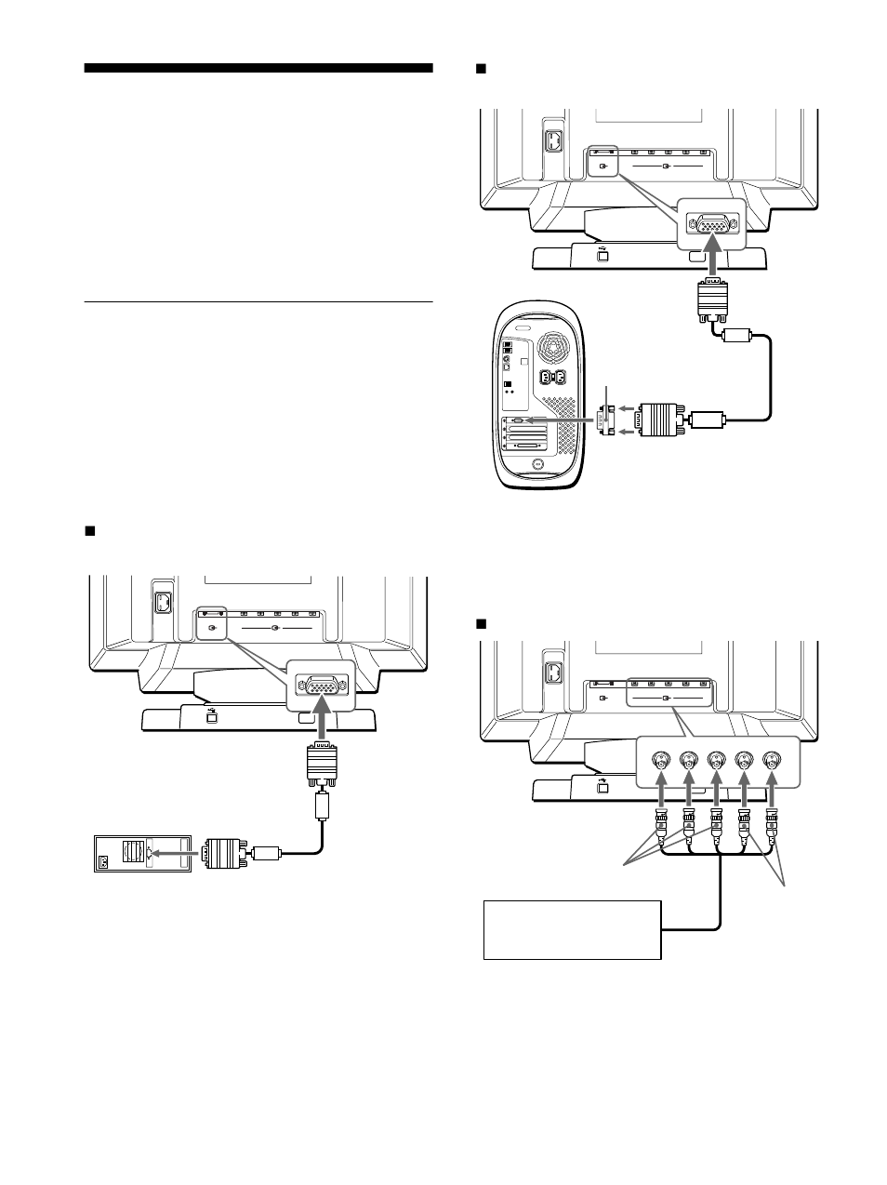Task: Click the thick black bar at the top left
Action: (x=258, y=68)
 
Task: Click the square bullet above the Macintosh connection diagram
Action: (x=481, y=69)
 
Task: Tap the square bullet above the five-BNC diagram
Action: (x=481, y=623)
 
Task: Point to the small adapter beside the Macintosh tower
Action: (x=609, y=421)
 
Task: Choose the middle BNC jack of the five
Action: (x=716, y=760)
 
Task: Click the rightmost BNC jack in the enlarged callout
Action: (x=772, y=760)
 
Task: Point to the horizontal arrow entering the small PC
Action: (x=173, y=851)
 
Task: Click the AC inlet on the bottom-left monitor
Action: (x=162, y=604)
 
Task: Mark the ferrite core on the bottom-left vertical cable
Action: (x=322, y=804)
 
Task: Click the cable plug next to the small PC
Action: (x=223, y=851)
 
